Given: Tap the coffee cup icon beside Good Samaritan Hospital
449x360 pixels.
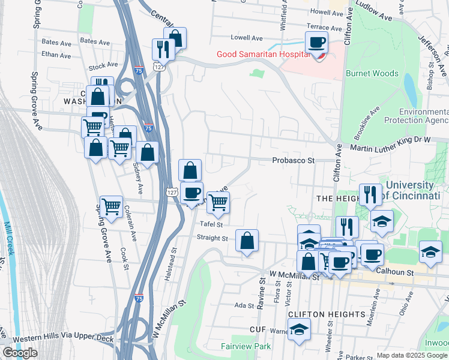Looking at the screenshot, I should coord(316,43).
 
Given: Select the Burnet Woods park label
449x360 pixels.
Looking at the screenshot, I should coord(372,73).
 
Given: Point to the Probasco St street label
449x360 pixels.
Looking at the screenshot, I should coord(293,161).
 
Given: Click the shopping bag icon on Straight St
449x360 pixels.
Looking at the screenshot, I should coord(247,242).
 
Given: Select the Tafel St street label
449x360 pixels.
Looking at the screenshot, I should coord(211,225).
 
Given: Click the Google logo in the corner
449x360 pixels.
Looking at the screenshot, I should coord(20,353).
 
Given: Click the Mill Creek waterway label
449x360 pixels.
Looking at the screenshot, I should coord(11,246).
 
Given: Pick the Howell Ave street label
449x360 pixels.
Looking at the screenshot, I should coord(327,12).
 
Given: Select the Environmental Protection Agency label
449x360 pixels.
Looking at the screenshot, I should coord(424,116).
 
